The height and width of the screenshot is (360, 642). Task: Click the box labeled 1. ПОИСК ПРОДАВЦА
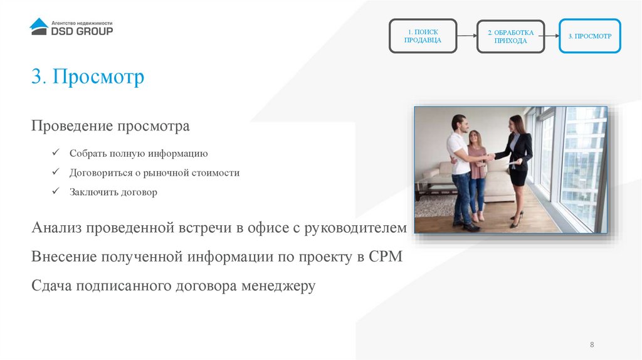point(423,36)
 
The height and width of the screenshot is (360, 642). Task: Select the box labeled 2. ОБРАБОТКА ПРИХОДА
point(510,36)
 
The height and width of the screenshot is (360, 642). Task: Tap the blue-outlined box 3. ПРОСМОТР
point(589,36)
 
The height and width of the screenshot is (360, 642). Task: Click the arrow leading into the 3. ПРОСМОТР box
point(550,36)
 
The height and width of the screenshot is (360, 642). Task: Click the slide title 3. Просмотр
point(88,77)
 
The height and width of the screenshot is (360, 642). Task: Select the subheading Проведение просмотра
point(110,127)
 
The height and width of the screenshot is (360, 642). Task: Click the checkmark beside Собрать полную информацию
point(56,153)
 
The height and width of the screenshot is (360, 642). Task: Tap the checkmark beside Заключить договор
point(56,192)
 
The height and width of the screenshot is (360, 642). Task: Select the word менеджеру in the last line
point(278,286)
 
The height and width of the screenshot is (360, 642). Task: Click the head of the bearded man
point(458,122)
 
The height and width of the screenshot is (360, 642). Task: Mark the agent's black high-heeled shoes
point(516,220)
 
